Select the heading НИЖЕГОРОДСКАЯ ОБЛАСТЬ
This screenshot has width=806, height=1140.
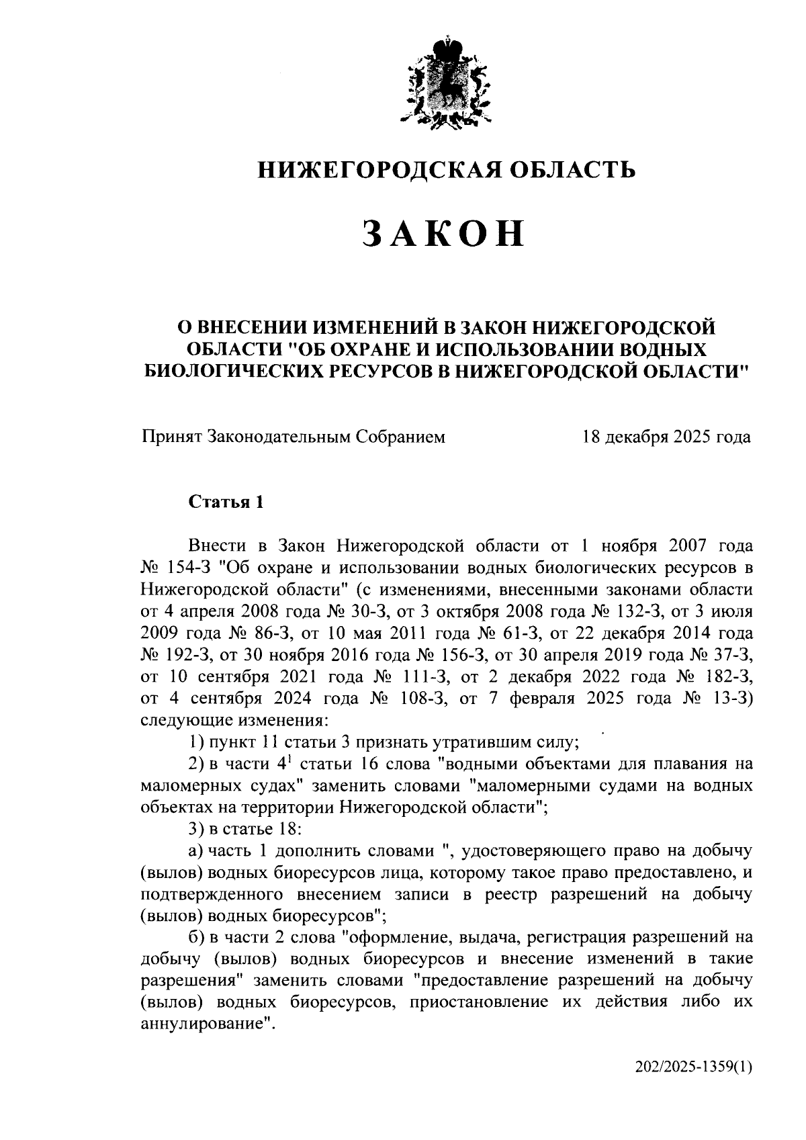click(447, 169)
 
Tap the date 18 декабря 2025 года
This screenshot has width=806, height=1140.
click(666, 437)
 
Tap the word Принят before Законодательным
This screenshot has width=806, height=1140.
click(171, 437)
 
